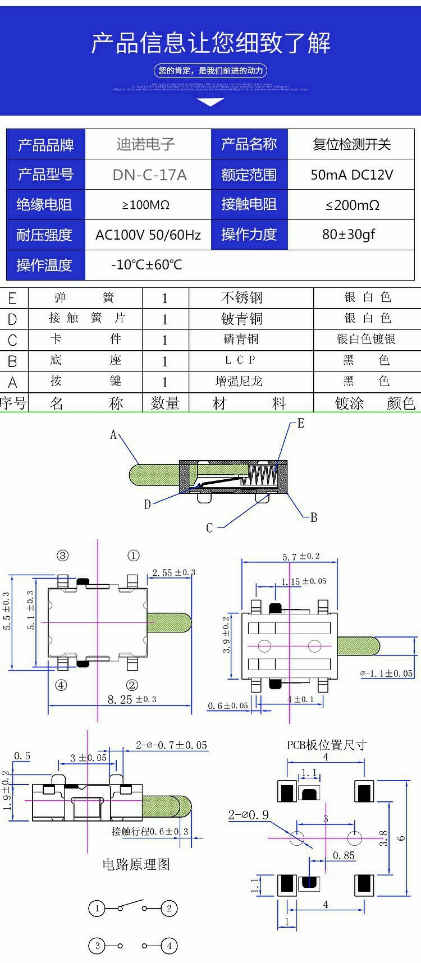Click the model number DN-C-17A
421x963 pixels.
(149, 175)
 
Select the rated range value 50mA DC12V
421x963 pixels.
(351, 175)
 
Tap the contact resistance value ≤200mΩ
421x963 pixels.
(352, 205)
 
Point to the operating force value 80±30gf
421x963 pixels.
(349, 235)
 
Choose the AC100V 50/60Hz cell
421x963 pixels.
(148, 235)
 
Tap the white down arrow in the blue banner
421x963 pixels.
(211, 102)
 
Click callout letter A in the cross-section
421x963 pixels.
(113, 435)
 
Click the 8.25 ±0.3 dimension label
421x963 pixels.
(132, 700)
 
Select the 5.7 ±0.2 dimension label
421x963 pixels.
(301, 557)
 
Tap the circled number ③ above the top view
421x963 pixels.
(62, 556)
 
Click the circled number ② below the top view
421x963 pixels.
(132, 685)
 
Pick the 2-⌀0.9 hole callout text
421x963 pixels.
(248, 815)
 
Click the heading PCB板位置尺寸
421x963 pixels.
(327, 745)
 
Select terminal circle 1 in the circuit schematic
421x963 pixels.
(97, 908)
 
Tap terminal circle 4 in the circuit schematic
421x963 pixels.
(170, 946)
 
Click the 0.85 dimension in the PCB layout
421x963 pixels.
(344, 855)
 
